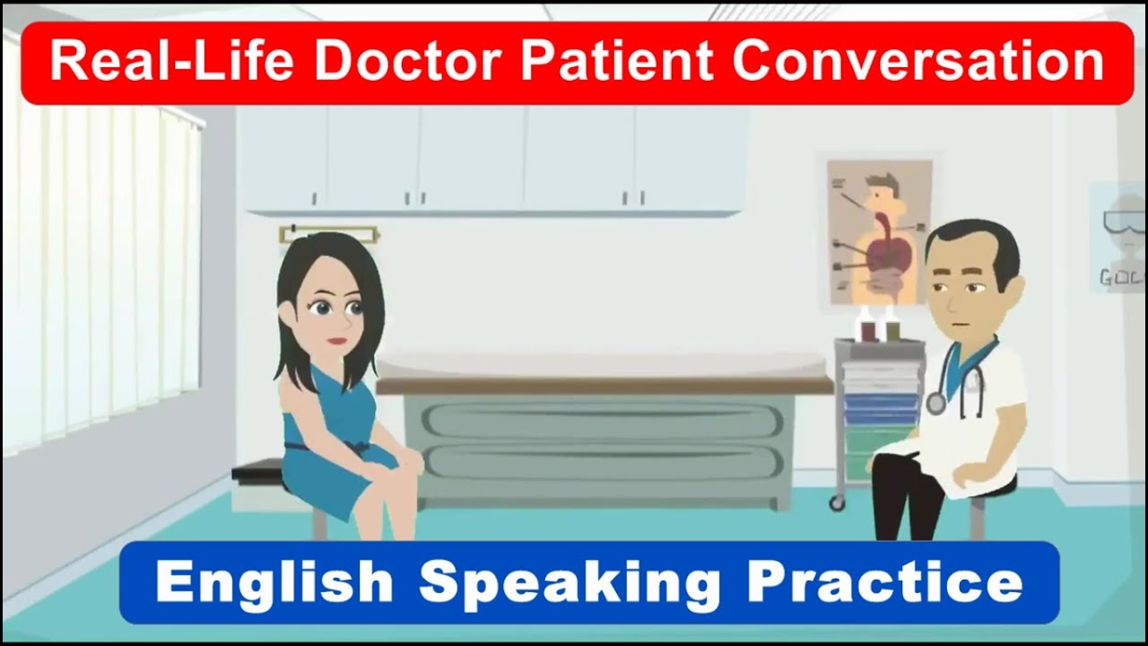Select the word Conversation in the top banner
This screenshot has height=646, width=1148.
tap(918, 63)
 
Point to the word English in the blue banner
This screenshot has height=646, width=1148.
tap(274, 583)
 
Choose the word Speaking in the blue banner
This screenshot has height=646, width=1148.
tap(570, 583)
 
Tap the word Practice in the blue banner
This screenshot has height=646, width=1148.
tap(885, 583)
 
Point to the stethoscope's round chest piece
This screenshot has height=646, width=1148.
tap(935, 403)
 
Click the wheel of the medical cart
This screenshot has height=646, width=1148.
tap(837, 502)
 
